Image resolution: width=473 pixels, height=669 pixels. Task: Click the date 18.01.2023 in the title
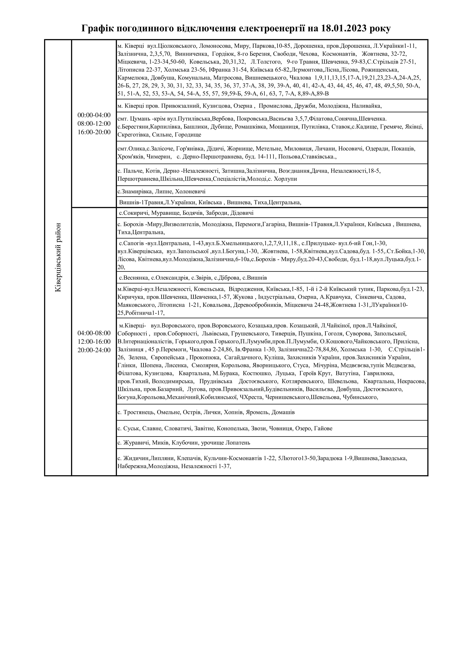[344, 28]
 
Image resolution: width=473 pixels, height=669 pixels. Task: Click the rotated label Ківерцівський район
[58, 257]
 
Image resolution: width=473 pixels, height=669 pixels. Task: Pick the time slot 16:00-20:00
[94, 132]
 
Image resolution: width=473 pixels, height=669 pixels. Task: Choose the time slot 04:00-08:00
[94, 333]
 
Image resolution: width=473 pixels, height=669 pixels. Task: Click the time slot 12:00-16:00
[94, 342]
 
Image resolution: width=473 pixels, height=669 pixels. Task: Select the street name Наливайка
[366, 106]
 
